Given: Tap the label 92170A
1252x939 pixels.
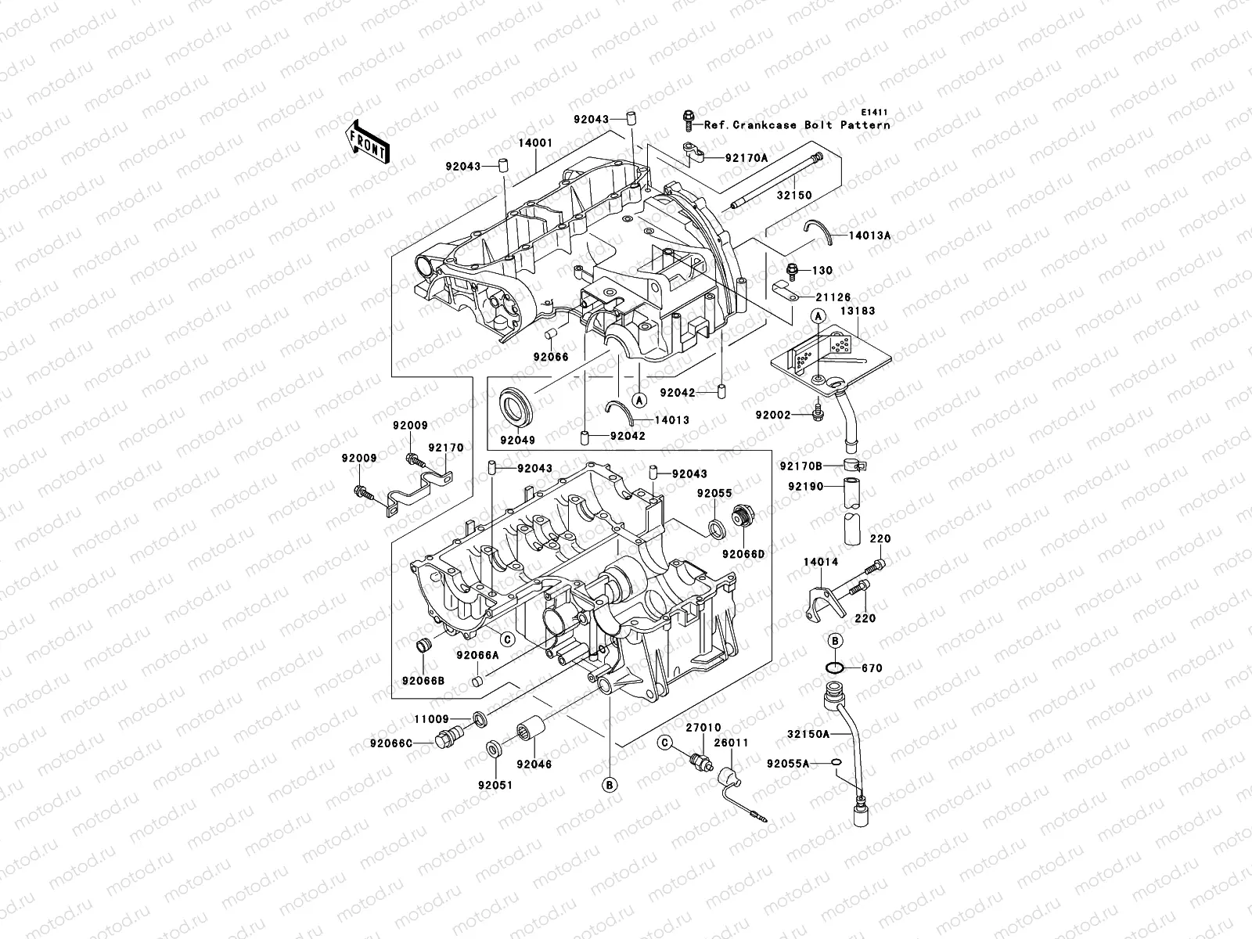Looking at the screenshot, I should tap(746, 157).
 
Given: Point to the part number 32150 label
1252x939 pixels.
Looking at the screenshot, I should tap(793, 195).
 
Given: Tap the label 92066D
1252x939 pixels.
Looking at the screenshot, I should tap(743, 554).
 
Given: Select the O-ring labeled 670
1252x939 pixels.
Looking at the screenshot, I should tap(834, 667).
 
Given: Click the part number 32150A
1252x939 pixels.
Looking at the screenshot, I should tap(809, 734).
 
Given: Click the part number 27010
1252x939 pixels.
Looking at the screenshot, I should tap(704, 728).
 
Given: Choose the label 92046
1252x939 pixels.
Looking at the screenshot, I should tap(534, 764).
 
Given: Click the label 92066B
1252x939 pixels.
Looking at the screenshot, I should tap(423, 681).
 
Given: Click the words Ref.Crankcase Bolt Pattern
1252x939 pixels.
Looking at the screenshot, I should tap(797, 125).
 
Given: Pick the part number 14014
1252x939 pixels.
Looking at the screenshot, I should tap(820, 562).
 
